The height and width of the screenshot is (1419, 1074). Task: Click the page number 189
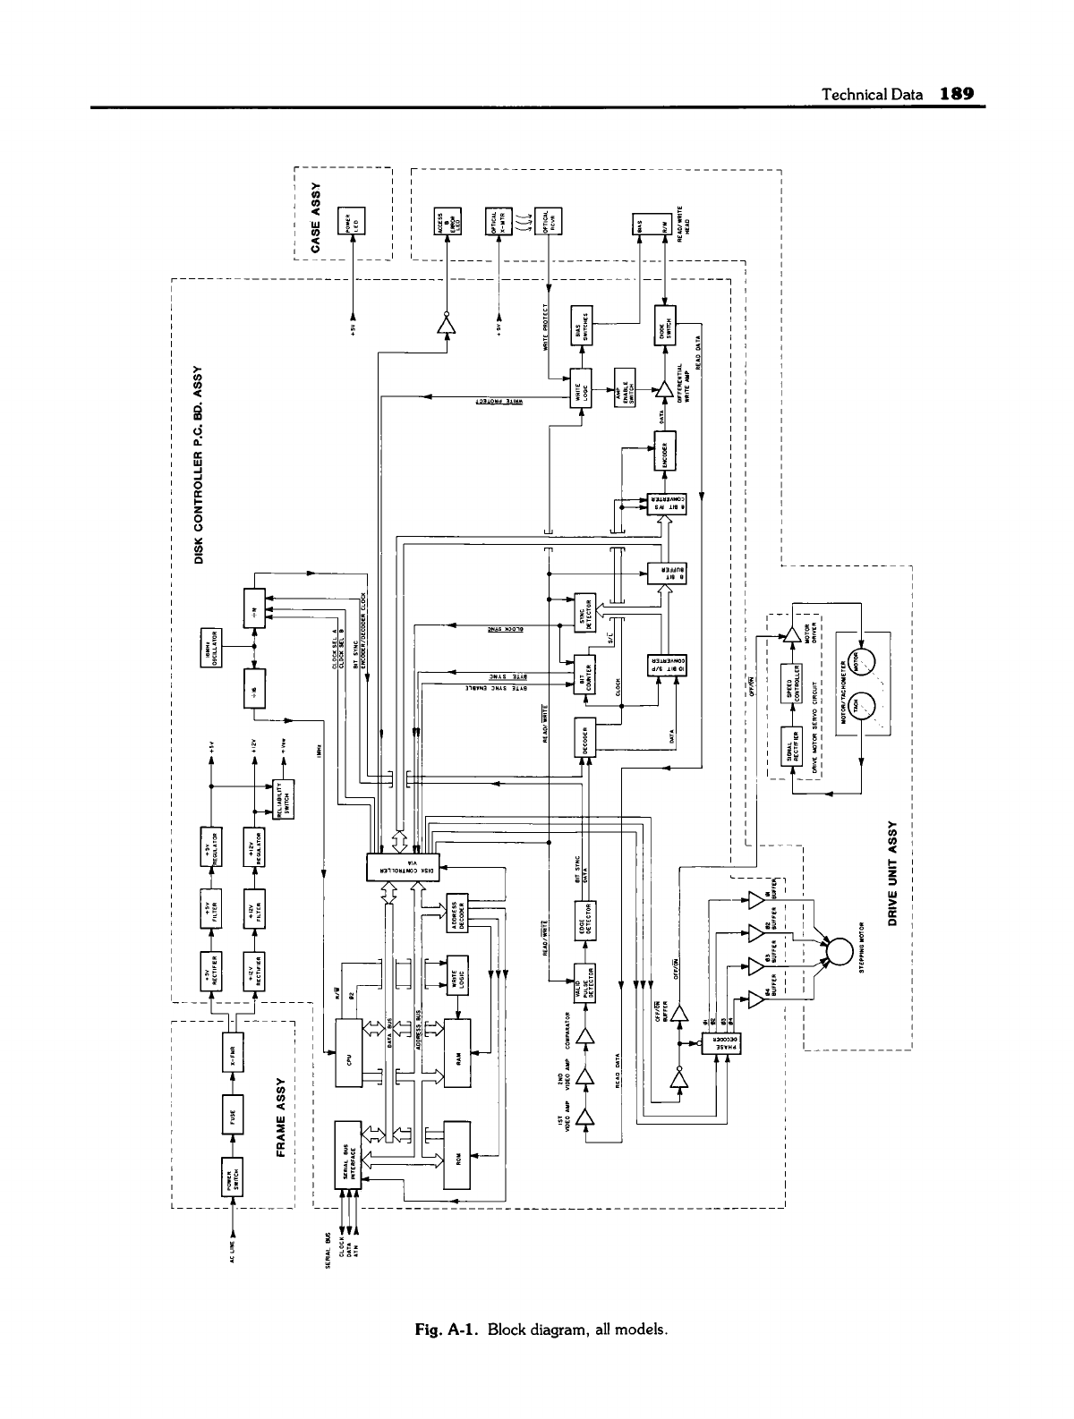tap(955, 95)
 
